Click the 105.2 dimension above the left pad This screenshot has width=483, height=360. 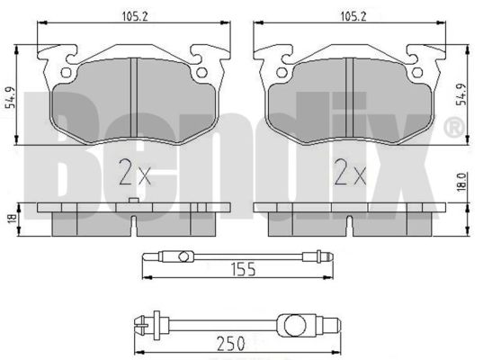pos(135,16)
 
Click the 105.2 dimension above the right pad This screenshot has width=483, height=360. pos(353,16)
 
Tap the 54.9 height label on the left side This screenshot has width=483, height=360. pos(12,97)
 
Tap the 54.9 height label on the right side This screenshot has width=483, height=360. pos(461,94)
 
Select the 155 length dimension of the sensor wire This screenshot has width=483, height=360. pos(244,269)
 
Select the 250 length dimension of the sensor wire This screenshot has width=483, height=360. pos(231,344)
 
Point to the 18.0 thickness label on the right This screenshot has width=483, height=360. pos(461,183)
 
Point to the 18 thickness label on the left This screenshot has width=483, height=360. pos(12,219)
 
